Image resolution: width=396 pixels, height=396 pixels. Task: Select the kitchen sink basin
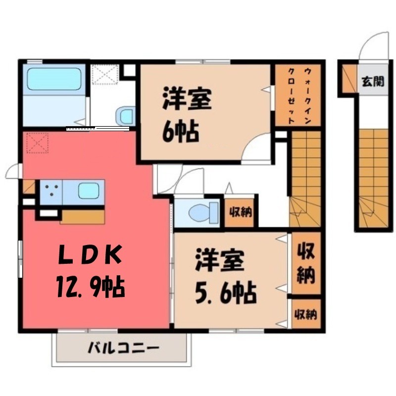click(88, 191)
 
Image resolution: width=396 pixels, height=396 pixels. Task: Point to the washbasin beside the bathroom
click(125, 117)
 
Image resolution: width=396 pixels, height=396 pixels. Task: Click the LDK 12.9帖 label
click(90, 270)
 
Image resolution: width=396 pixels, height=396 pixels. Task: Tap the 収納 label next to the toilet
click(240, 213)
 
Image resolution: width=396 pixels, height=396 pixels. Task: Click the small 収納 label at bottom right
click(305, 314)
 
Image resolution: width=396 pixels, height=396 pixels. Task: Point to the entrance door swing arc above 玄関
click(372, 47)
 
